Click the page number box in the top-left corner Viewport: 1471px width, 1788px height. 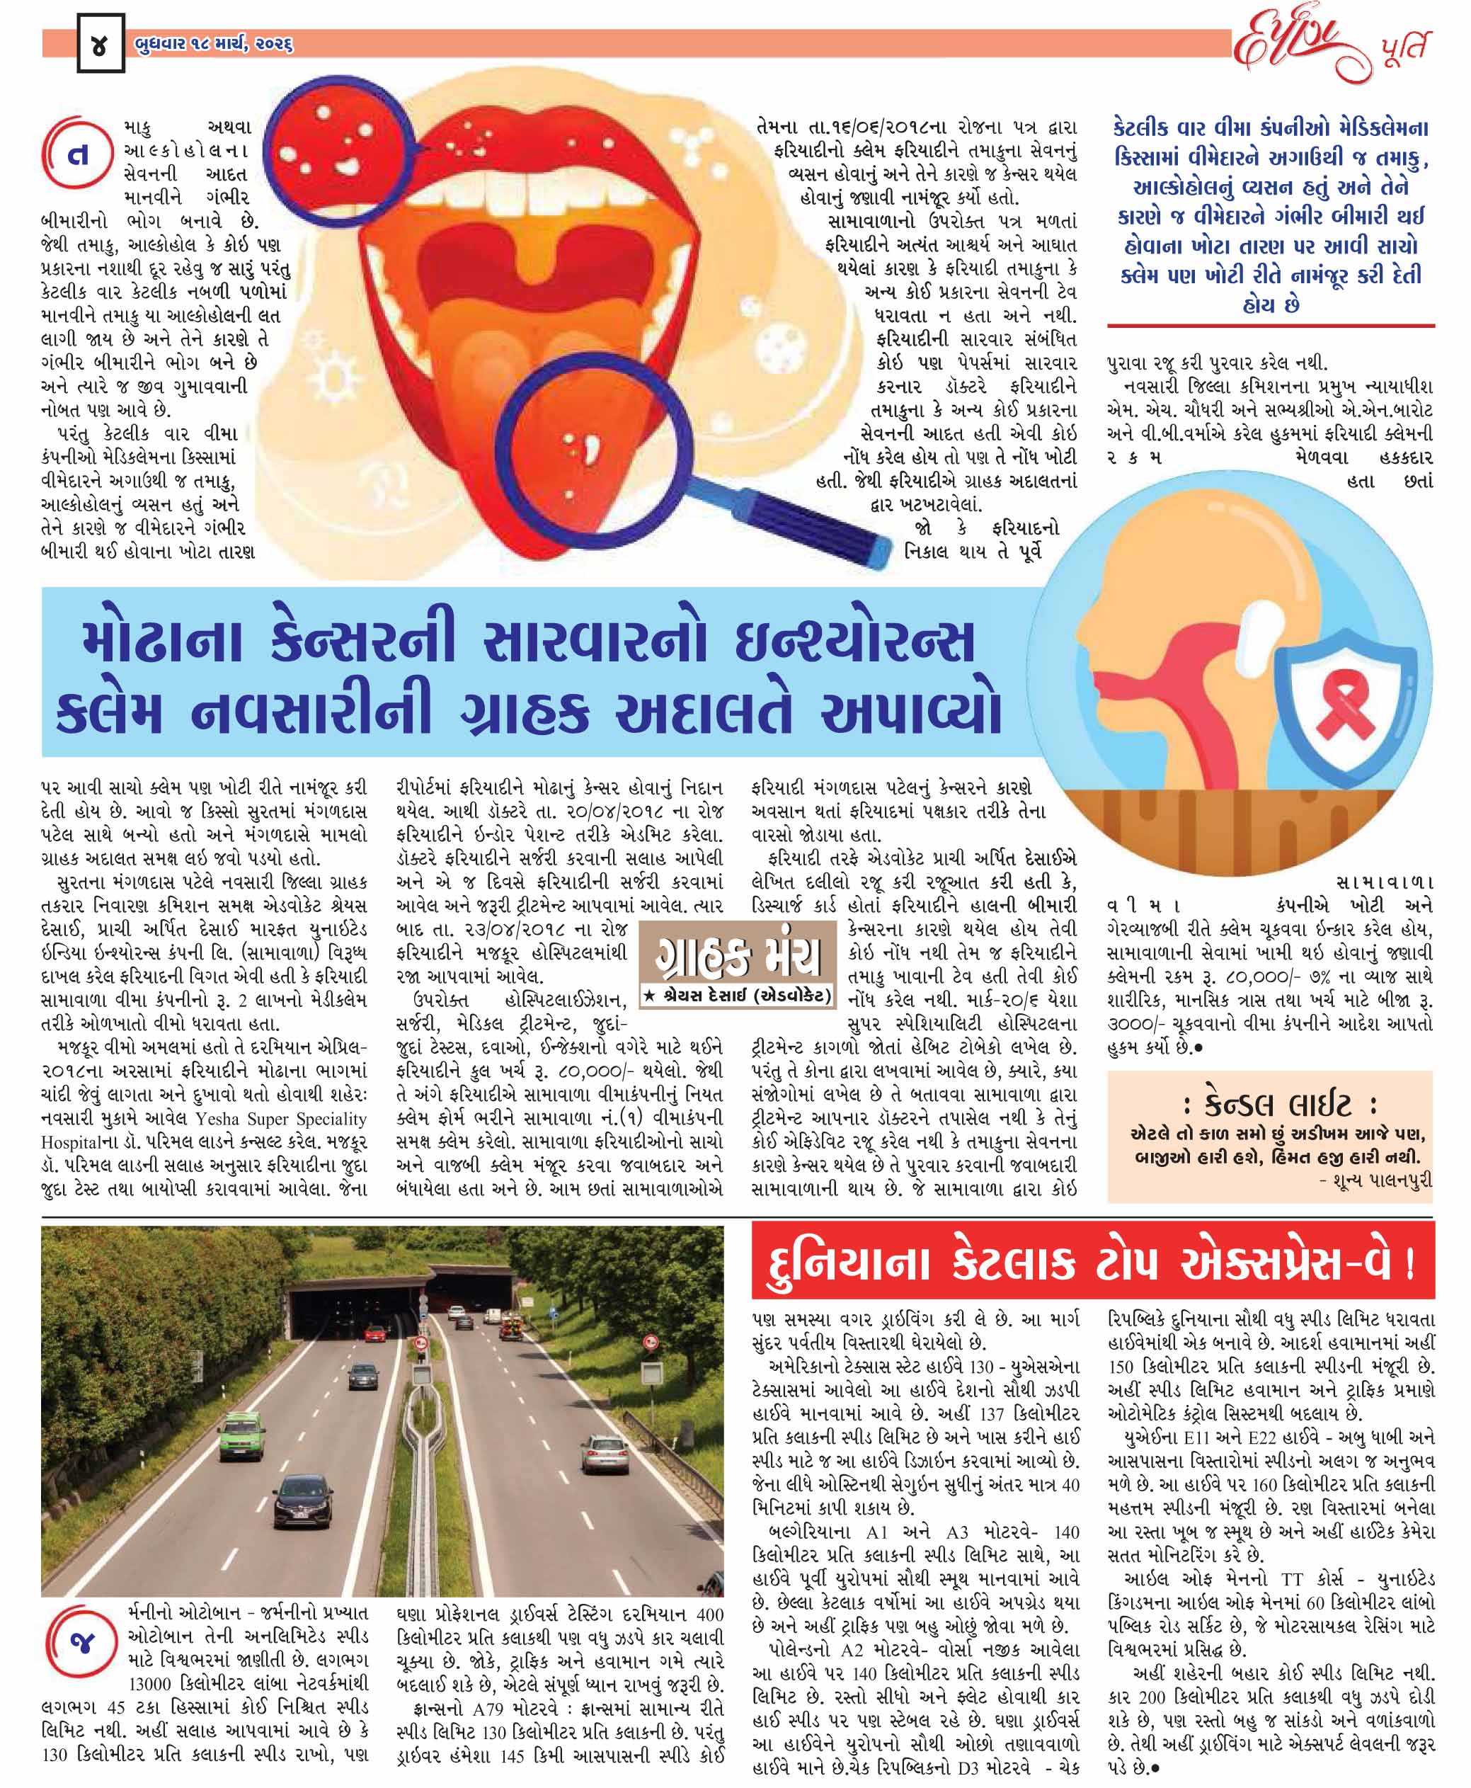click(100, 44)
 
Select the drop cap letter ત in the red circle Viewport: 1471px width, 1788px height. click(78, 156)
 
